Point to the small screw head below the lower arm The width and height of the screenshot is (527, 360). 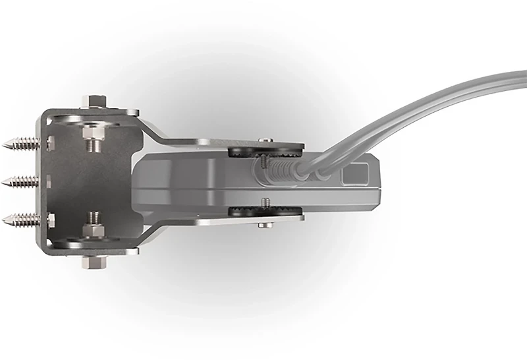click(266, 225)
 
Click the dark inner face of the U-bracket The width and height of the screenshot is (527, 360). click(66, 185)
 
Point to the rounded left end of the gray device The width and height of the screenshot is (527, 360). click(140, 181)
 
